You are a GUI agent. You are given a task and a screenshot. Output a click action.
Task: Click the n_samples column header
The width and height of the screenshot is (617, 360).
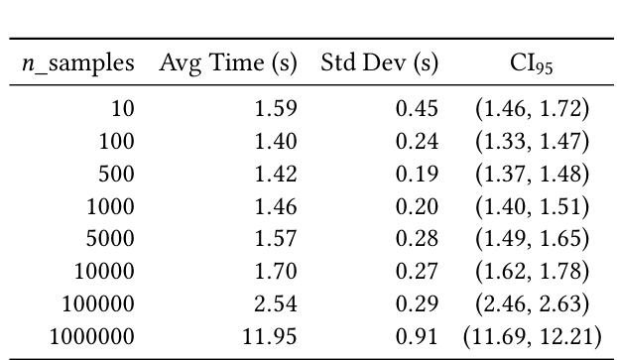tap(77, 64)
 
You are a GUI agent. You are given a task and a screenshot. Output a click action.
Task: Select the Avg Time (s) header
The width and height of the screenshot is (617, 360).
tap(228, 64)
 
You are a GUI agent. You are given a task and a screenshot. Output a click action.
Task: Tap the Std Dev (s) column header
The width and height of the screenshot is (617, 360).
tap(379, 64)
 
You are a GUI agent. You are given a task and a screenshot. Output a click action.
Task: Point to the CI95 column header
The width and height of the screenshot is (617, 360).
tap(531, 65)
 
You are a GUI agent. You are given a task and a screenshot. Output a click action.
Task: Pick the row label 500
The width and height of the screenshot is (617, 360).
tap(116, 174)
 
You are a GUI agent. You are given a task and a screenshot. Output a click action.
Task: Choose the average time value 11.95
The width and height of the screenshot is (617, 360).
tap(270, 336)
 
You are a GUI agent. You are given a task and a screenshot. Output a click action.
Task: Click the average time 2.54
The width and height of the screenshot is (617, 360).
tap(276, 303)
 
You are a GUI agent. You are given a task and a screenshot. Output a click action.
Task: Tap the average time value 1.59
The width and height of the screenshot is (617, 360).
tap(276, 108)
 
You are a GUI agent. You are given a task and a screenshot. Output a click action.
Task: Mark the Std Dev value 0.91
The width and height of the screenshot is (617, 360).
tap(417, 336)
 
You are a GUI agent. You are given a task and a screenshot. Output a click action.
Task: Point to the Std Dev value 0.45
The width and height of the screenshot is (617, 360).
tap(417, 108)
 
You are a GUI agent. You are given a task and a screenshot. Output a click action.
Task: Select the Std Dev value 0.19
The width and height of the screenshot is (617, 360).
tap(417, 174)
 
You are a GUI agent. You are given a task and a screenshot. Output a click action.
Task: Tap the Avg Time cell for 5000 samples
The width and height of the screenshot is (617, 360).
tap(276, 239)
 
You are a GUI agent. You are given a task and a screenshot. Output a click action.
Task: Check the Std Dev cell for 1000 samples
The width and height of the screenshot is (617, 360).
tap(417, 206)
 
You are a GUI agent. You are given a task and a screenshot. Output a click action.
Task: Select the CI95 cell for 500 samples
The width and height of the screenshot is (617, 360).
tap(532, 174)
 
